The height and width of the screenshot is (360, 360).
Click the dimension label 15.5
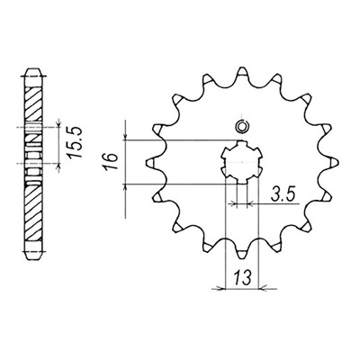75,142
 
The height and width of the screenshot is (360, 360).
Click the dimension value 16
111,161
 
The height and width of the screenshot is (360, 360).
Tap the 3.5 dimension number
283,194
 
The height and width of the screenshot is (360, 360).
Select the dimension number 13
242,277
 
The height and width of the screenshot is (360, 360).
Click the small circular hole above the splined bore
240,126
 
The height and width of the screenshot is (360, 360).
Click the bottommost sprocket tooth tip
242,257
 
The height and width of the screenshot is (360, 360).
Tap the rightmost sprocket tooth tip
337,162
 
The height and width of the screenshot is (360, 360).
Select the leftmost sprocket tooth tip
146,162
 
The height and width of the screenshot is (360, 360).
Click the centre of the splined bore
241,162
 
